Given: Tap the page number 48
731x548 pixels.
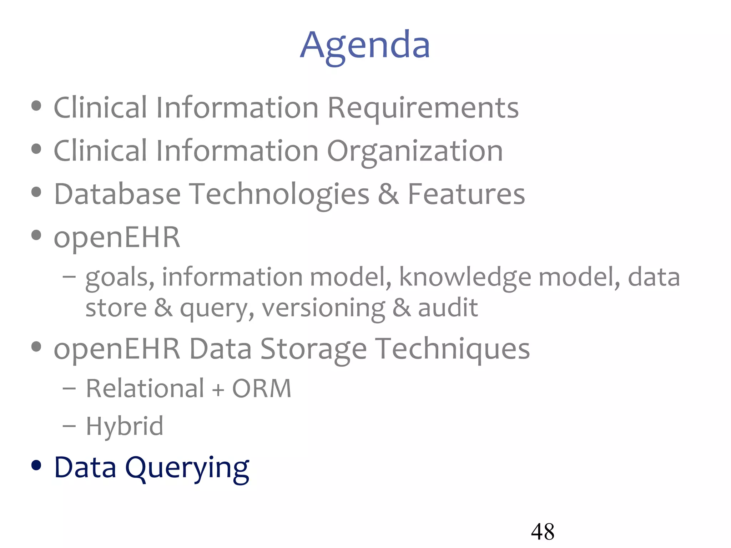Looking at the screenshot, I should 542,532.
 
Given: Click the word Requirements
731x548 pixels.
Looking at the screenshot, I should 423,108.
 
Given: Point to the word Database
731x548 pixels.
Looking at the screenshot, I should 117,194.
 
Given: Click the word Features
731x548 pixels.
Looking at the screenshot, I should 466,194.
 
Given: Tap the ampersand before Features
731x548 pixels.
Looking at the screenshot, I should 388,194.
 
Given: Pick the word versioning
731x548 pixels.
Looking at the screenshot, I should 323,308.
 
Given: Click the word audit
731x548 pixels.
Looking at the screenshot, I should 448,308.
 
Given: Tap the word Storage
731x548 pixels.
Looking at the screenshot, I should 313,349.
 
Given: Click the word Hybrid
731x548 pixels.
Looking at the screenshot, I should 125,426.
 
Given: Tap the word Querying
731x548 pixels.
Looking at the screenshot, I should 187,468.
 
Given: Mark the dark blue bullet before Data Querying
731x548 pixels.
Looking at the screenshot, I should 36,465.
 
